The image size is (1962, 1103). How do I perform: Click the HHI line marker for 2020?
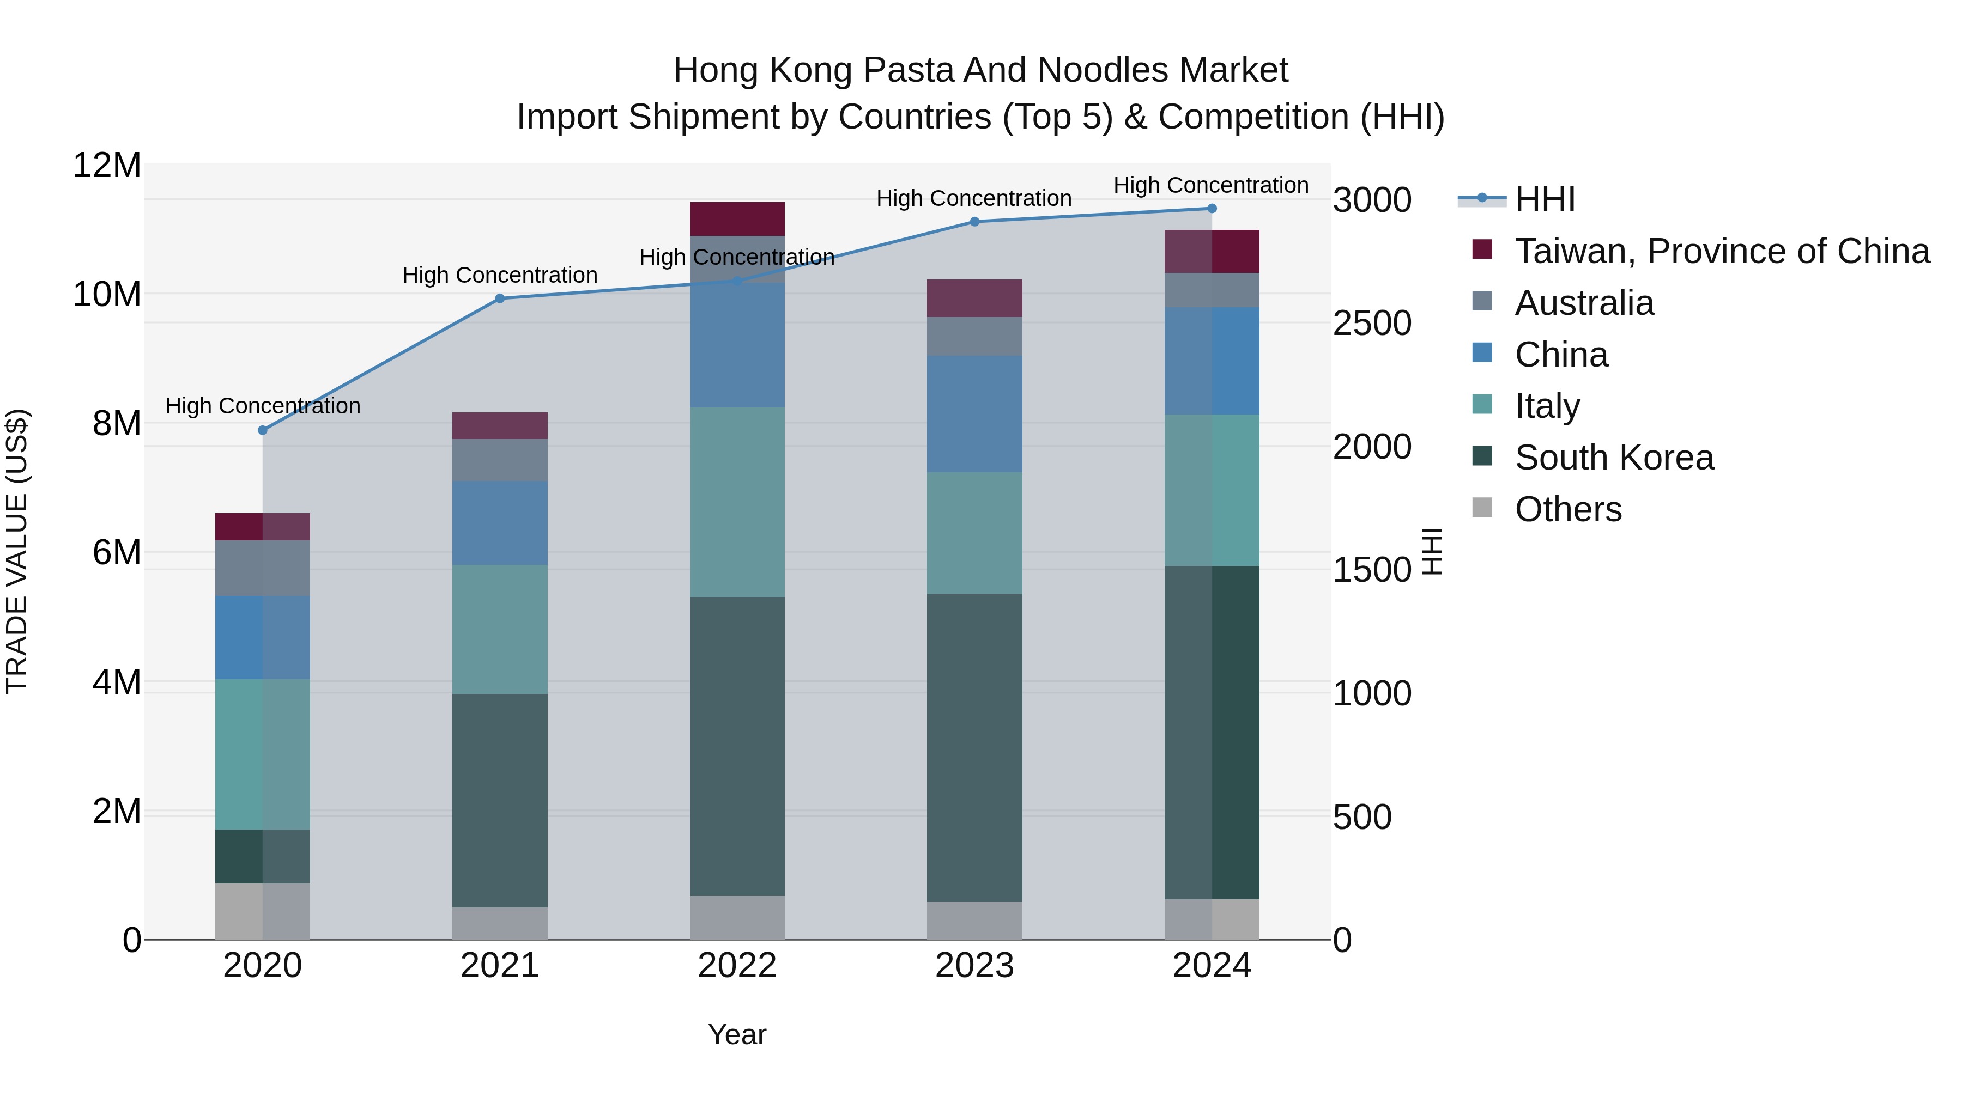pyautogui.click(x=263, y=430)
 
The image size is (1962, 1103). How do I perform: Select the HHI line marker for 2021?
pyautogui.click(x=500, y=298)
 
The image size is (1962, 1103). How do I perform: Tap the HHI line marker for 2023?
pyautogui.click(x=974, y=222)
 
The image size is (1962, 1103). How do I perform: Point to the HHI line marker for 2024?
pyautogui.click(x=1212, y=209)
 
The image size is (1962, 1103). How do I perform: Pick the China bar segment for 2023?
pyautogui.click(x=974, y=413)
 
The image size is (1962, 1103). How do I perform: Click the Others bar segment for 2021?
pyautogui.click(x=500, y=923)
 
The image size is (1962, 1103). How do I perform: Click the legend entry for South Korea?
pyautogui.click(x=1614, y=458)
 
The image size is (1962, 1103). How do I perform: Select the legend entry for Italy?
pyautogui.click(x=1547, y=406)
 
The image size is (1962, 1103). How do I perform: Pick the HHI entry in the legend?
pyautogui.click(x=1545, y=199)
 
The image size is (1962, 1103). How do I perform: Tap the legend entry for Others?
pyautogui.click(x=1567, y=509)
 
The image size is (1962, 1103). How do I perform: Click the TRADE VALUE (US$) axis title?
pyautogui.click(x=17, y=551)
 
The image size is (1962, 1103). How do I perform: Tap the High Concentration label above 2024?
pyautogui.click(x=1211, y=185)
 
